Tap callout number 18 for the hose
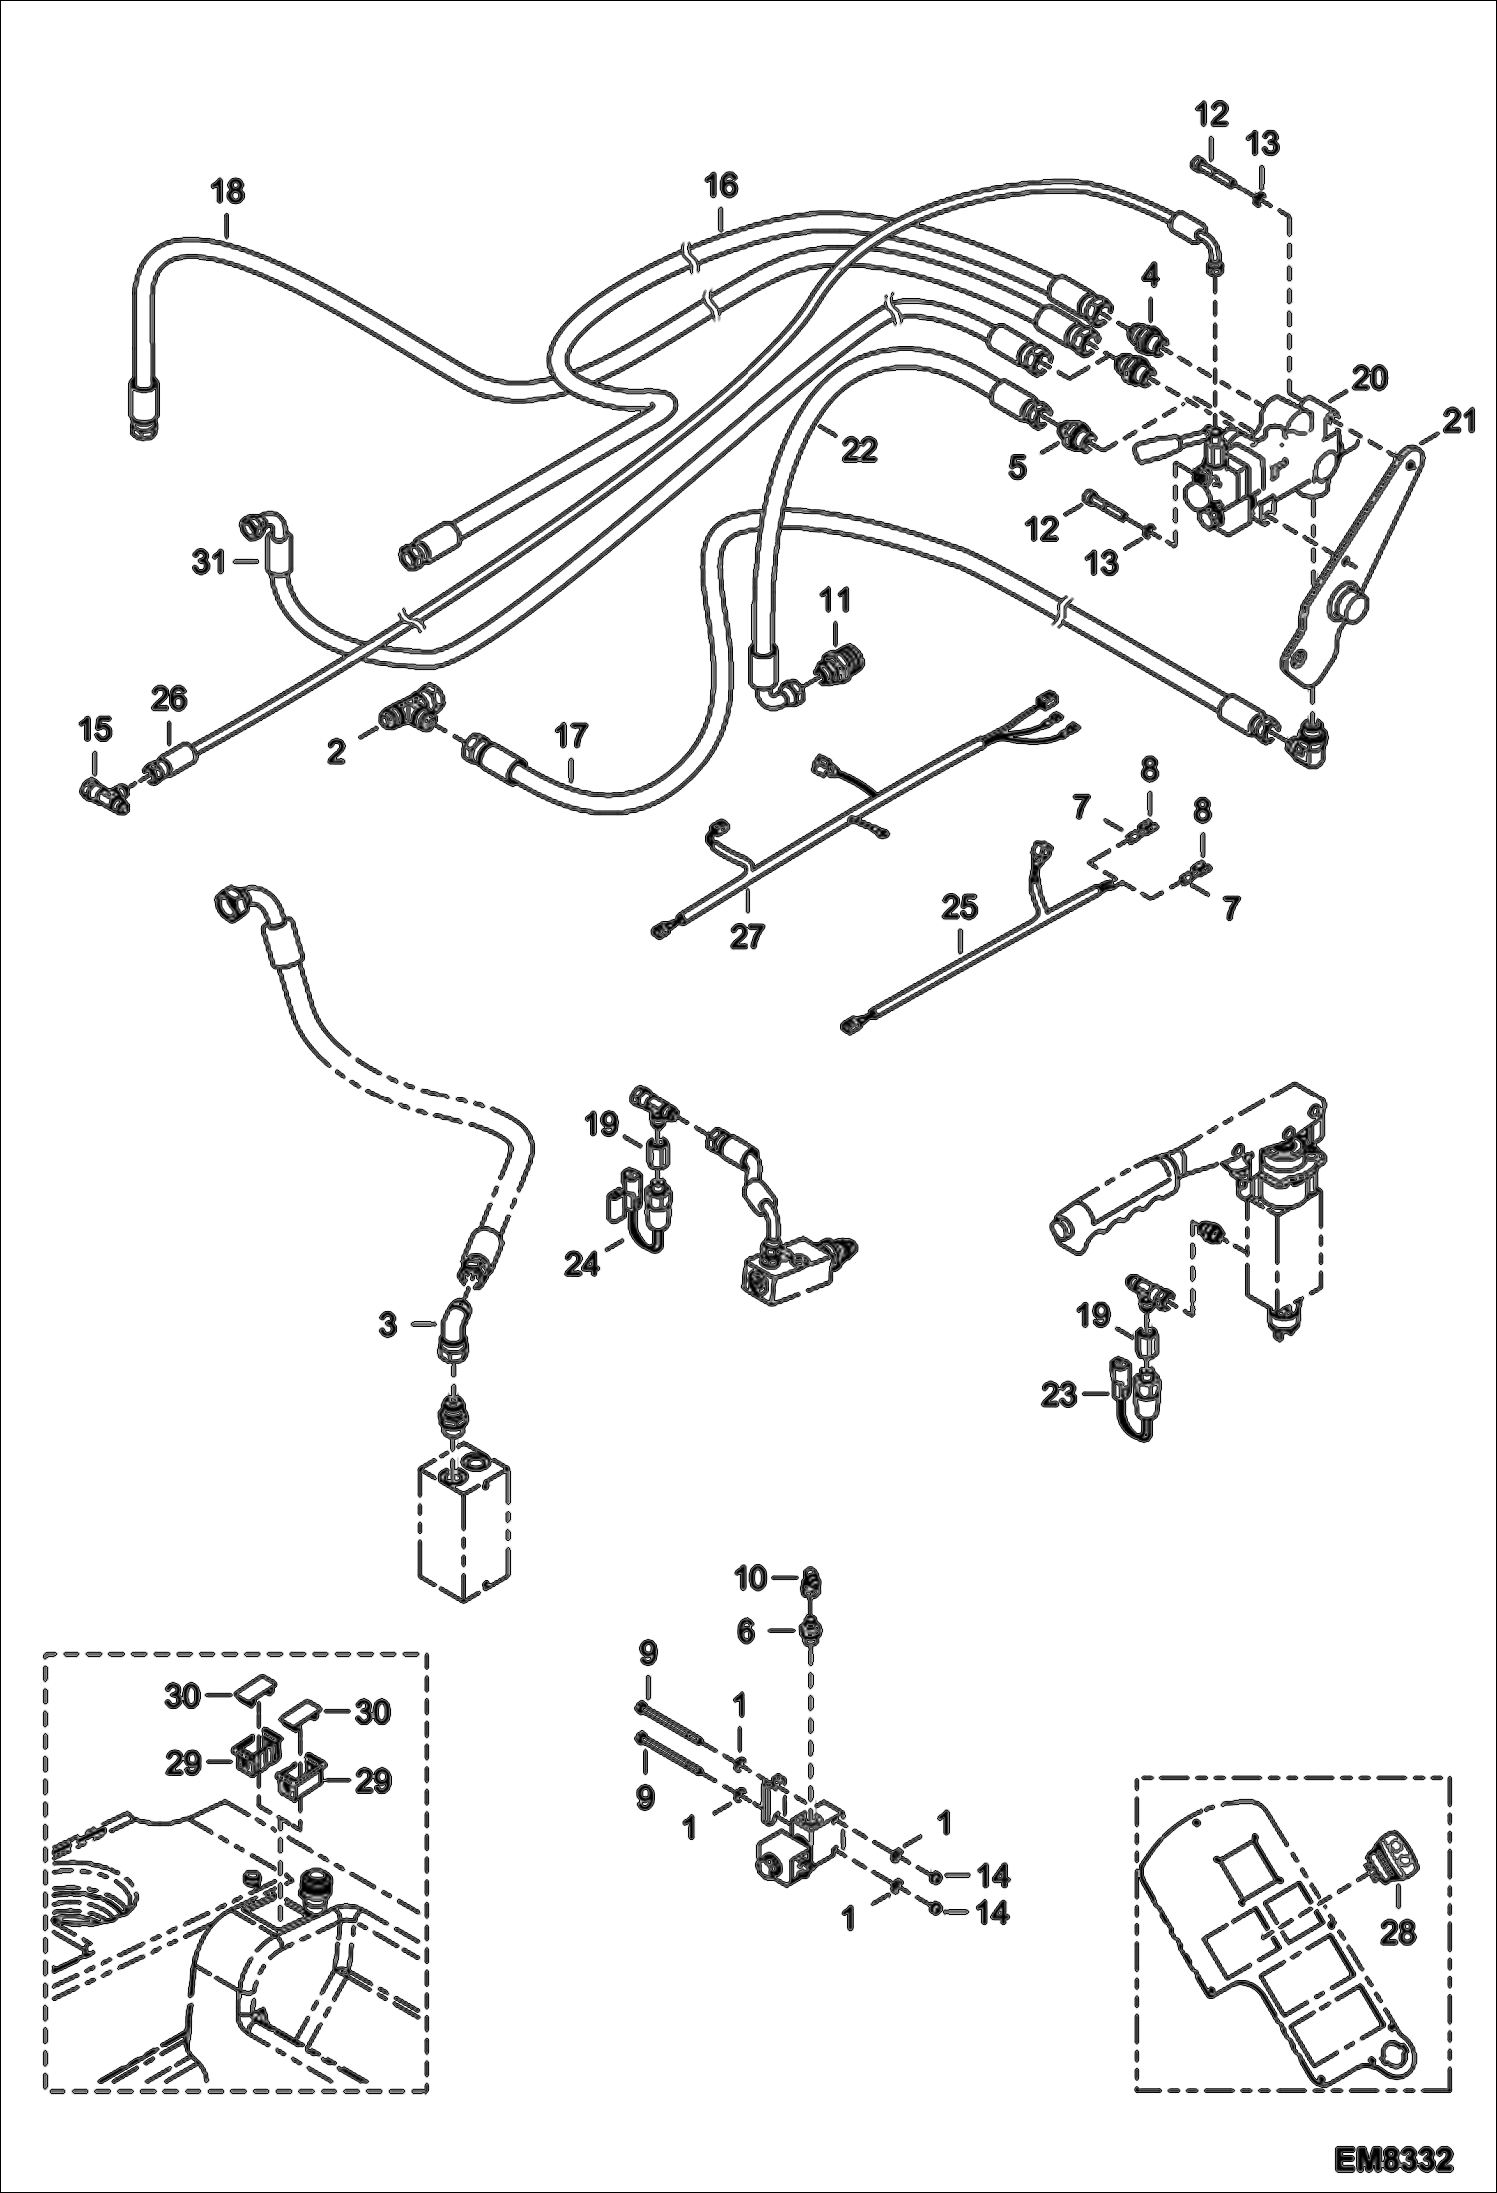(x=228, y=192)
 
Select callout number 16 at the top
(x=720, y=186)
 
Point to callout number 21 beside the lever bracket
(x=1460, y=424)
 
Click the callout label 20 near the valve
(x=1371, y=379)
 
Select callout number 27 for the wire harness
(x=747, y=937)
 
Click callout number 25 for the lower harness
(x=959, y=909)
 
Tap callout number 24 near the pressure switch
(x=581, y=1263)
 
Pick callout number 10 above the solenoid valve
(x=749, y=1579)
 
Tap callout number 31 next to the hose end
(x=210, y=564)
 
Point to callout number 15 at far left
(x=95, y=730)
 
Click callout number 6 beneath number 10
(x=746, y=1631)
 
